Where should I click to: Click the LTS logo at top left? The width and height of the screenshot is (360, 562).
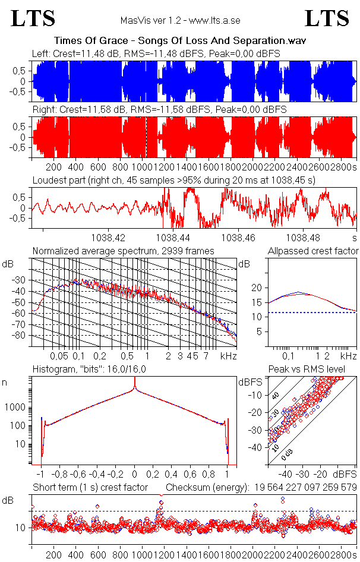click(x=33, y=19)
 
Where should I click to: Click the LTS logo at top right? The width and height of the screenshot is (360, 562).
click(x=327, y=19)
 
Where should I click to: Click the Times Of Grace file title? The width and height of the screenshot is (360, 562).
click(x=180, y=41)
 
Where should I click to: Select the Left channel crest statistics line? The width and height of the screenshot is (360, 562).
click(x=156, y=54)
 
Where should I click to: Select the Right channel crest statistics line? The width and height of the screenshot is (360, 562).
click(x=159, y=110)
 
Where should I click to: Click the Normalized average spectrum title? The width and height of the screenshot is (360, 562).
click(x=123, y=251)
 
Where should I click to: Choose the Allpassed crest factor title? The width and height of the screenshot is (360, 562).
click(x=313, y=251)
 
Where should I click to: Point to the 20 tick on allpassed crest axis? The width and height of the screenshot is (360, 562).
click(x=257, y=288)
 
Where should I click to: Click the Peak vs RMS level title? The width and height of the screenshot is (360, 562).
click(x=315, y=370)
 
